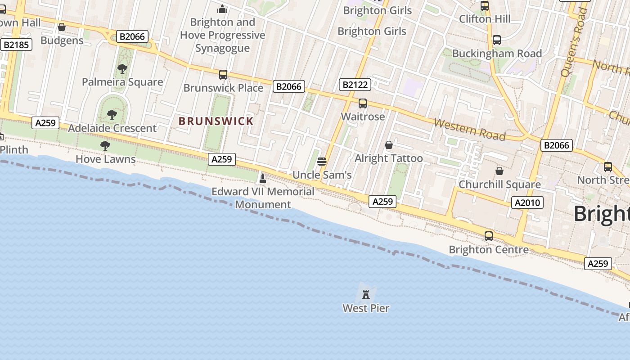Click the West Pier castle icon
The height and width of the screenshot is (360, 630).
(366, 295)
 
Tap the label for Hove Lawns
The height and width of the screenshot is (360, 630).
(105, 159)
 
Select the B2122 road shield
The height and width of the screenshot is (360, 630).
(355, 85)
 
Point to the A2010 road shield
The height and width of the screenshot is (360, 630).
(527, 203)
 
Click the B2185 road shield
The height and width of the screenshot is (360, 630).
(16, 45)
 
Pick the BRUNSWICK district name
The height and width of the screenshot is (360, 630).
(216, 121)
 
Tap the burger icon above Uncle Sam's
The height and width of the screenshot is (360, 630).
(322, 162)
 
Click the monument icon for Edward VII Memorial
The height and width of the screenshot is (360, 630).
(263, 179)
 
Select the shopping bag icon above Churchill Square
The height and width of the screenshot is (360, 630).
(499, 171)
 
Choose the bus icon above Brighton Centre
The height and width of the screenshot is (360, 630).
(488, 236)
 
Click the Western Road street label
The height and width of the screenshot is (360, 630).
(470, 130)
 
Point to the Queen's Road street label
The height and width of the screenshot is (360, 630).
(574, 43)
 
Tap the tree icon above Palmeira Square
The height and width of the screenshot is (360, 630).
(122, 69)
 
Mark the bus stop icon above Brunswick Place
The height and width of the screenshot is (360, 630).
(223, 75)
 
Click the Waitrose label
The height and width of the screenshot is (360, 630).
(363, 117)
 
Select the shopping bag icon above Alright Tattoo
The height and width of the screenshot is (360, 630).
(389, 145)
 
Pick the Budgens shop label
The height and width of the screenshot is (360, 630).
(62, 40)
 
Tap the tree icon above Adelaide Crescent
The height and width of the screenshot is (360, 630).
(112, 115)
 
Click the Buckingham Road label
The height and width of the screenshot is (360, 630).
(497, 54)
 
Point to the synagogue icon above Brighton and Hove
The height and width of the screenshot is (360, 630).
(222, 9)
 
